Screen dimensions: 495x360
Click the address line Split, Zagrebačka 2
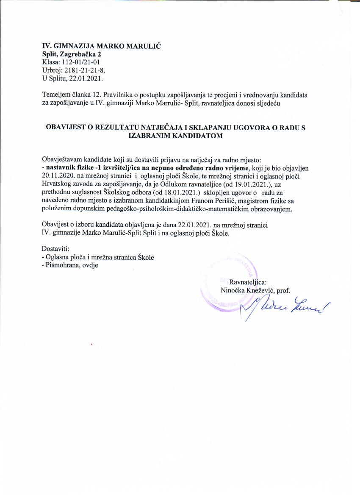pyautogui.click(x=71, y=54)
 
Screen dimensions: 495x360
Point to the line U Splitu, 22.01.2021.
pyautogui.click(x=73, y=78)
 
